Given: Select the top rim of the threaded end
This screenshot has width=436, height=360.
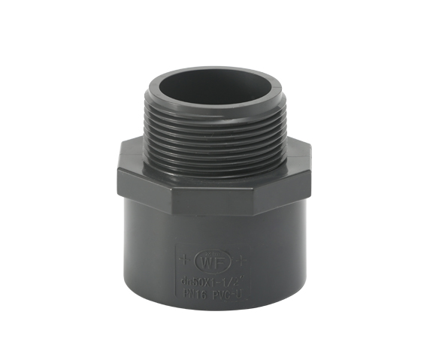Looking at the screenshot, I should tap(211, 67).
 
